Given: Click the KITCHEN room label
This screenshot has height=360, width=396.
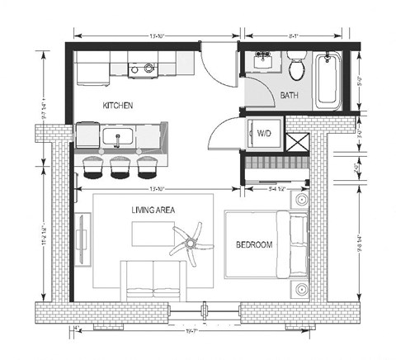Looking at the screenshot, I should pos(118,106).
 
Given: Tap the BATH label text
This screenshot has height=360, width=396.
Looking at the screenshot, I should pos(290,96).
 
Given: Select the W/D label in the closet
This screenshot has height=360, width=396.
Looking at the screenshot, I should pos(266,132).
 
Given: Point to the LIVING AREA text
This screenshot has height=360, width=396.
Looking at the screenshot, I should pos(153,211).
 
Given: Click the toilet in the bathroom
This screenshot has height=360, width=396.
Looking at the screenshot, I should pos(298,66).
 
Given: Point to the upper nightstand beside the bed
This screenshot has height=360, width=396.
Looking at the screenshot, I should pos(302,199).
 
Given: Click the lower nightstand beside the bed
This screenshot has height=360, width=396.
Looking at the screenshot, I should pos(302,289).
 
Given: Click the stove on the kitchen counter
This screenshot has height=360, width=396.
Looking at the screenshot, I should pos(149,69).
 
